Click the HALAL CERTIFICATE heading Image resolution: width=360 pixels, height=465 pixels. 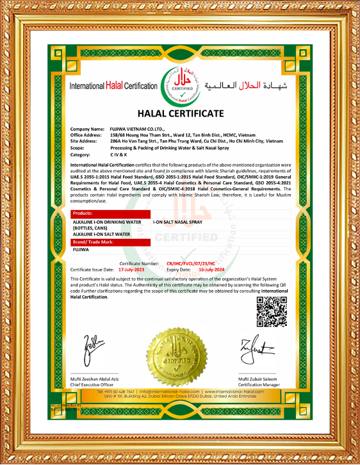coord(180,113)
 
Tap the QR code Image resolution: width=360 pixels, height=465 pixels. coord(272,312)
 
